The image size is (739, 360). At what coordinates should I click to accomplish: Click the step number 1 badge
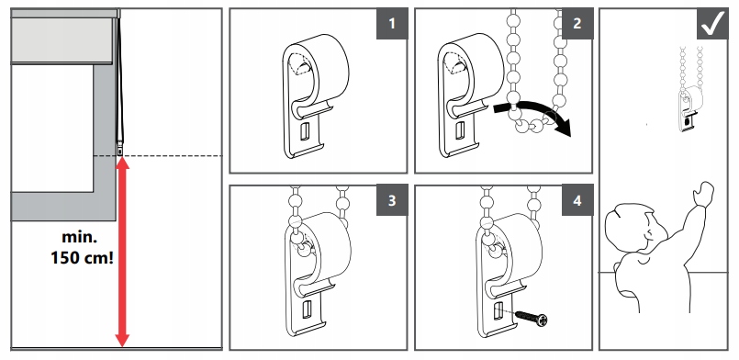click(x=392, y=24)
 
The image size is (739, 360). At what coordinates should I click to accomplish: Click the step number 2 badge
click(x=577, y=24)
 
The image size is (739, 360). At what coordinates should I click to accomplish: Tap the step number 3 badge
click(x=392, y=200)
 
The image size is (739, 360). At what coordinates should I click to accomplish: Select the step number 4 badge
click(x=577, y=200)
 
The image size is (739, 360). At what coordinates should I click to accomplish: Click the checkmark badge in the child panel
click(x=712, y=24)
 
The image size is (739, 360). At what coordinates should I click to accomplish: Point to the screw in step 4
click(x=532, y=318)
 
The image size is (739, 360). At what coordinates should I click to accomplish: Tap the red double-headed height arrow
click(x=122, y=253)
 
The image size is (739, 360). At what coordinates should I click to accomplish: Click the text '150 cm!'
click(x=82, y=258)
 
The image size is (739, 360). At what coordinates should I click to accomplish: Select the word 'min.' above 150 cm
click(x=79, y=237)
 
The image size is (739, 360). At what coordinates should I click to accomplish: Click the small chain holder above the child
click(x=689, y=107)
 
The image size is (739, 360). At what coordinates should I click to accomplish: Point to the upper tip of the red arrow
click(x=122, y=157)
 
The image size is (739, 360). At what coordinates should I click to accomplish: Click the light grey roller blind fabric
click(x=62, y=41)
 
